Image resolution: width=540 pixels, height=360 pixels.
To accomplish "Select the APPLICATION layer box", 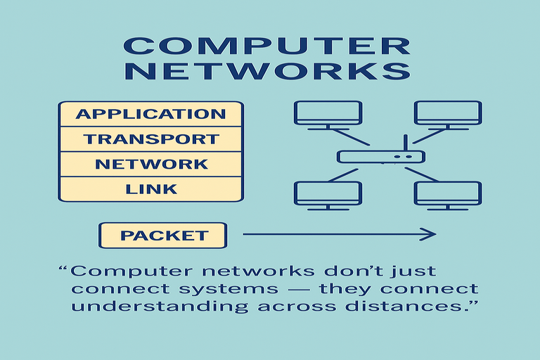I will tap(151, 114).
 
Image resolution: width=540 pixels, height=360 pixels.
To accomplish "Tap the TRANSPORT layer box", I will tap(151, 139).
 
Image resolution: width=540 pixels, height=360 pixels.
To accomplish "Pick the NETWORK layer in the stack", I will tap(151, 165).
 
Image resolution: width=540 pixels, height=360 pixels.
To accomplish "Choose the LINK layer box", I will tap(151, 189).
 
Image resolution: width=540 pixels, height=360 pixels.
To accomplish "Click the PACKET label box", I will tap(164, 236).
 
